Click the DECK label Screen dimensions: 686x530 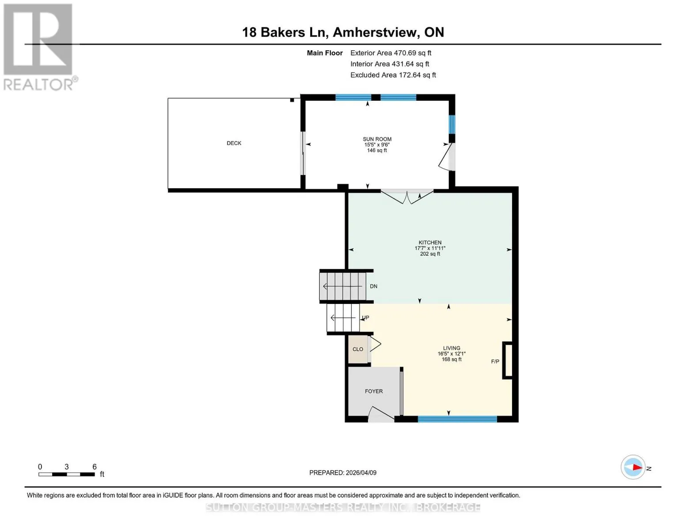point(234,143)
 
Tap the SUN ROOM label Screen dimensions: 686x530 point(377,139)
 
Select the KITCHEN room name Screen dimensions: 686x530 point(430,242)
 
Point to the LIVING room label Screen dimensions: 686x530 point(451,348)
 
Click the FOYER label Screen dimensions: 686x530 point(374,391)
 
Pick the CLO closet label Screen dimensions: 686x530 point(358,349)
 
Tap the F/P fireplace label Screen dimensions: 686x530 point(495,361)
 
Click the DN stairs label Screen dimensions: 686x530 point(373,286)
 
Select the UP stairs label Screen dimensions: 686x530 point(365,318)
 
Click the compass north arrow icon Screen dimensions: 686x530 point(633,467)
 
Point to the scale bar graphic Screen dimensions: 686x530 point(67,474)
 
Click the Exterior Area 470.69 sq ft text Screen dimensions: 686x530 point(390,53)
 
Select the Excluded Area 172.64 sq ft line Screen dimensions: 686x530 point(393,75)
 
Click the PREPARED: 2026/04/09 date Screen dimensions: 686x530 point(343,473)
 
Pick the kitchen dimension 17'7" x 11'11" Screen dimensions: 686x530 point(430,248)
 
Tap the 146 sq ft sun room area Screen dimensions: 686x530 point(377,151)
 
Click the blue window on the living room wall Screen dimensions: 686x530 point(457,419)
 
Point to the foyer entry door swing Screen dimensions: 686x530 point(381,414)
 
